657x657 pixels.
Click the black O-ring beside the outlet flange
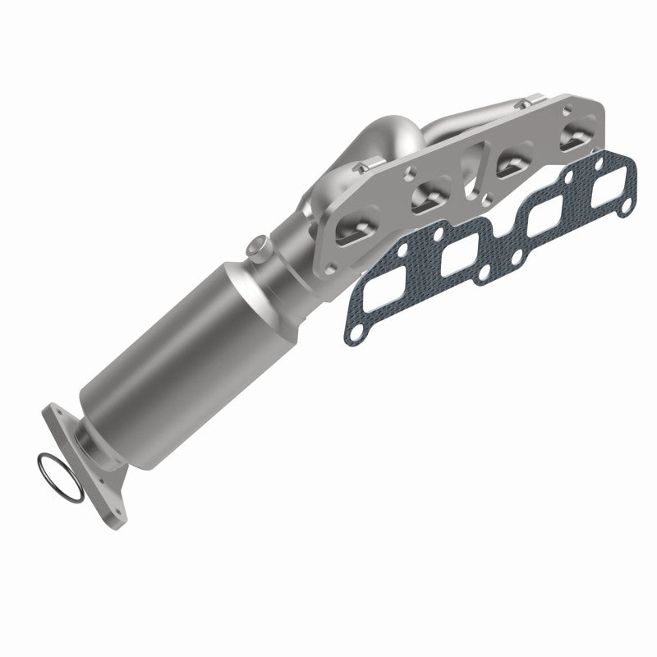pyautogui.click(x=60, y=477)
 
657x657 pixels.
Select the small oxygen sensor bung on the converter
pyautogui.click(x=258, y=246)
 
